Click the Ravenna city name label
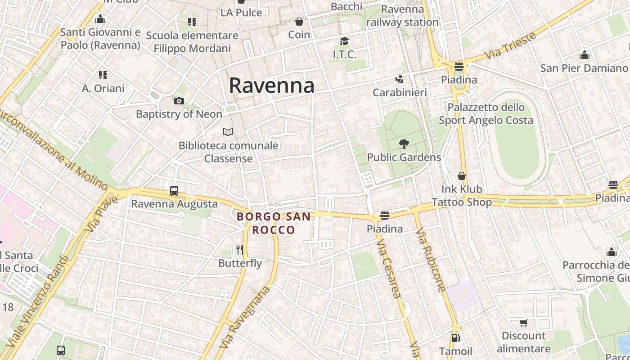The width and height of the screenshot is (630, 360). tap(271, 85)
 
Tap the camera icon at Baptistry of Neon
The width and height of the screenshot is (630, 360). tap(179, 101)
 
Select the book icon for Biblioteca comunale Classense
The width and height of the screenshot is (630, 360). tap(229, 132)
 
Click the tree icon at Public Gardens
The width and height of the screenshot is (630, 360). tap(404, 144)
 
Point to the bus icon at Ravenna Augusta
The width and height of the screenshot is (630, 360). tap(174, 191)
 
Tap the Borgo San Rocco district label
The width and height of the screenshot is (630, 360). tap(274, 223)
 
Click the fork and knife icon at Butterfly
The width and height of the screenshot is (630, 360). tap(240, 249)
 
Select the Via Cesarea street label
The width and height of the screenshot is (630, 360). tap(389, 270)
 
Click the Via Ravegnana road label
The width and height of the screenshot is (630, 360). tap(245, 317)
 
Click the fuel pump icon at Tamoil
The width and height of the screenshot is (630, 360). tap(455, 337)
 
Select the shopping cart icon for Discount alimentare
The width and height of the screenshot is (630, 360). tap(523, 323)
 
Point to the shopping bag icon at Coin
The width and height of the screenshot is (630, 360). tap(299, 21)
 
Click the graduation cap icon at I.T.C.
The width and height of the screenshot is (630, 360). tap(344, 41)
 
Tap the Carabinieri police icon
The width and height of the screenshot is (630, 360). tap(399, 79)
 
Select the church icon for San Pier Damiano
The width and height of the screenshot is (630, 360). tap(585, 55)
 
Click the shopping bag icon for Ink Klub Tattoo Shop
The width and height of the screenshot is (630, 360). tap(462, 175)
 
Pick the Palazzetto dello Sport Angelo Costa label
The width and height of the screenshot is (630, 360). tap(486, 114)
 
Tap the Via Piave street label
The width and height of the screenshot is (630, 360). tap(100, 214)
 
